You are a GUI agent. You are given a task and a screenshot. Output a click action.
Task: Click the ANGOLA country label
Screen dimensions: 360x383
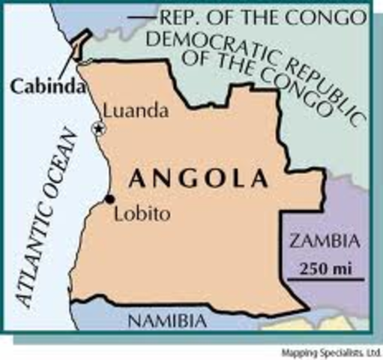pos(199,179)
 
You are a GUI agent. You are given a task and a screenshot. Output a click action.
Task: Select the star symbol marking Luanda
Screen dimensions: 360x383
pos(97,129)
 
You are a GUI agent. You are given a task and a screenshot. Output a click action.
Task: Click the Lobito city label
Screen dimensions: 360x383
pos(142,214)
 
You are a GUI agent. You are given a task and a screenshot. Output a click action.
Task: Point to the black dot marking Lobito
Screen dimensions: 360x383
pos(110,199)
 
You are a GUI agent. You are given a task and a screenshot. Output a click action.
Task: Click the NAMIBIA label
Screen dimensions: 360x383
pos(166,321)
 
